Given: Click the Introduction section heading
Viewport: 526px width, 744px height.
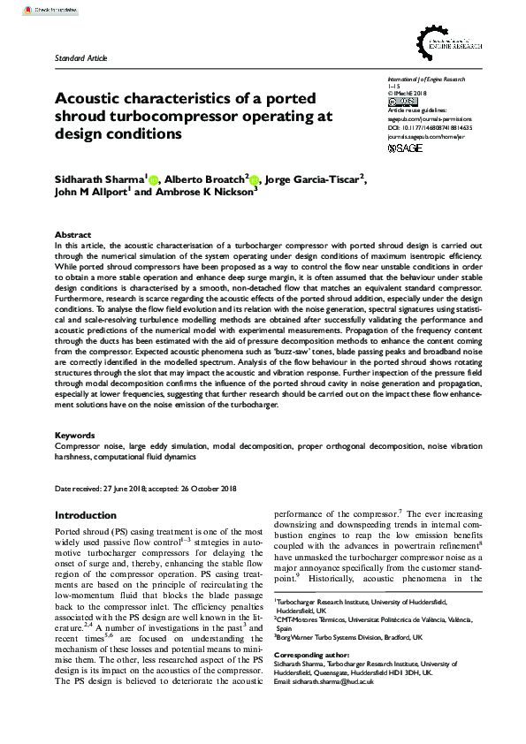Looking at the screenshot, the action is pos(91,514).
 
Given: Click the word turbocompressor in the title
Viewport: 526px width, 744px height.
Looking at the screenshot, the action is pos(172,116).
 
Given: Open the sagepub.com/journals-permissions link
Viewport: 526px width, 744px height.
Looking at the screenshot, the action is pos(430,118).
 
